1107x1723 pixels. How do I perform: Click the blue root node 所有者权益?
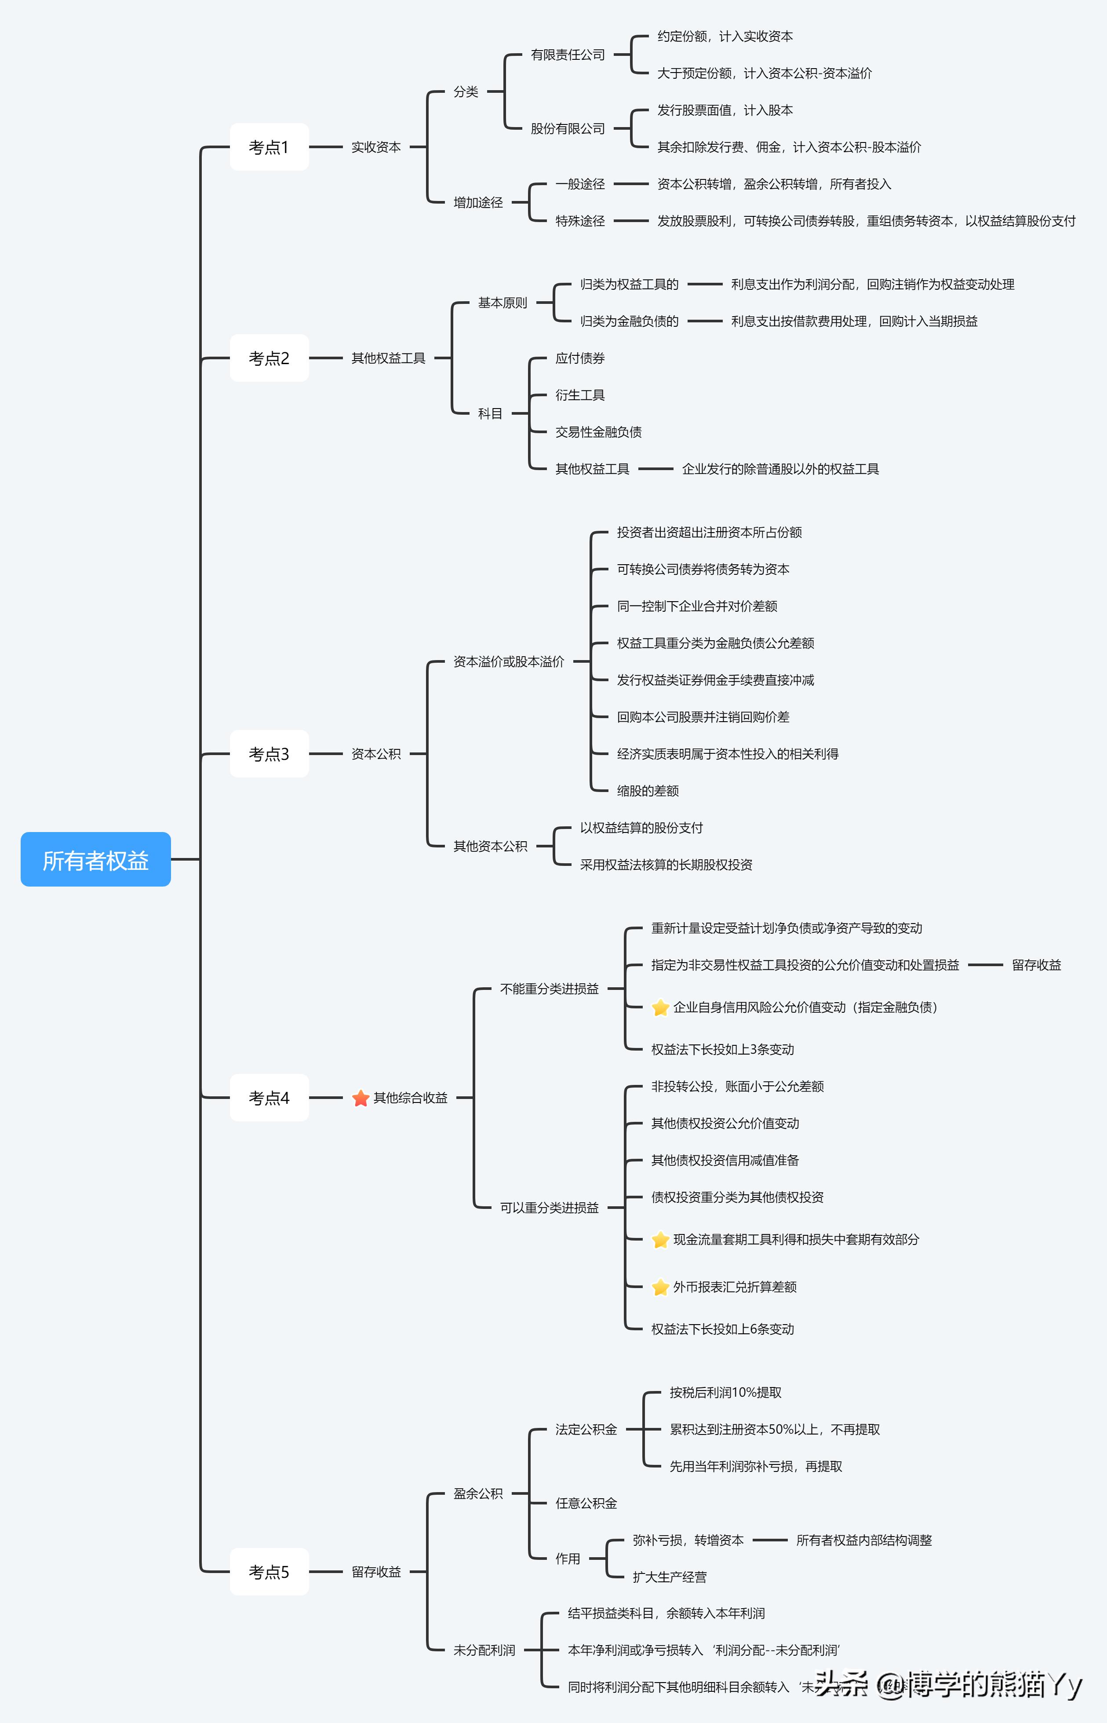tap(95, 860)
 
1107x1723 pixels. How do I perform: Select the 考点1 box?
tap(269, 147)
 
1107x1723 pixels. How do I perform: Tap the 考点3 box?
tap(269, 754)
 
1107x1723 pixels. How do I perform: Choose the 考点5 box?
tap(269, 1572)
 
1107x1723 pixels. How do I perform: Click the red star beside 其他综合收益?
tap(361, 1099)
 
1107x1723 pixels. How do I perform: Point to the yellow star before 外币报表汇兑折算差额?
tap(660, 1287)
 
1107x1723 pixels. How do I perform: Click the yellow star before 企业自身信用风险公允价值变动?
tap(660, 1008)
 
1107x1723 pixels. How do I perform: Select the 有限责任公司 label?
tap(568, 55)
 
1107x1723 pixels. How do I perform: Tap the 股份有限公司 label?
tap(568, 129)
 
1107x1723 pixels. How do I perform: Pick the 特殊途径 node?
tap(580, 221)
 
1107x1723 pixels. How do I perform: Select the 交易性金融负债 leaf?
tap(598, 432)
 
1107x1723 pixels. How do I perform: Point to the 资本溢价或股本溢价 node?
tap(508, 662)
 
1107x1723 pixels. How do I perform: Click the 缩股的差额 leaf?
tap(648, 791)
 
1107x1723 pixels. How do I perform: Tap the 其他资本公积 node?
tap(490, 847)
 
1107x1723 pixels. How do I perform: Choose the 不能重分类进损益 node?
tap(549, 989)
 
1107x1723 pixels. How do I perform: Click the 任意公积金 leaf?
tap(586, 1504)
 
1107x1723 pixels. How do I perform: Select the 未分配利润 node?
tap(484, 1650)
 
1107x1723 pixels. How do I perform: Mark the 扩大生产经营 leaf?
tap(669, 1577)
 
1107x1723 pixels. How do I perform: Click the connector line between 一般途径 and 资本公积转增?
tap(631, 184)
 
